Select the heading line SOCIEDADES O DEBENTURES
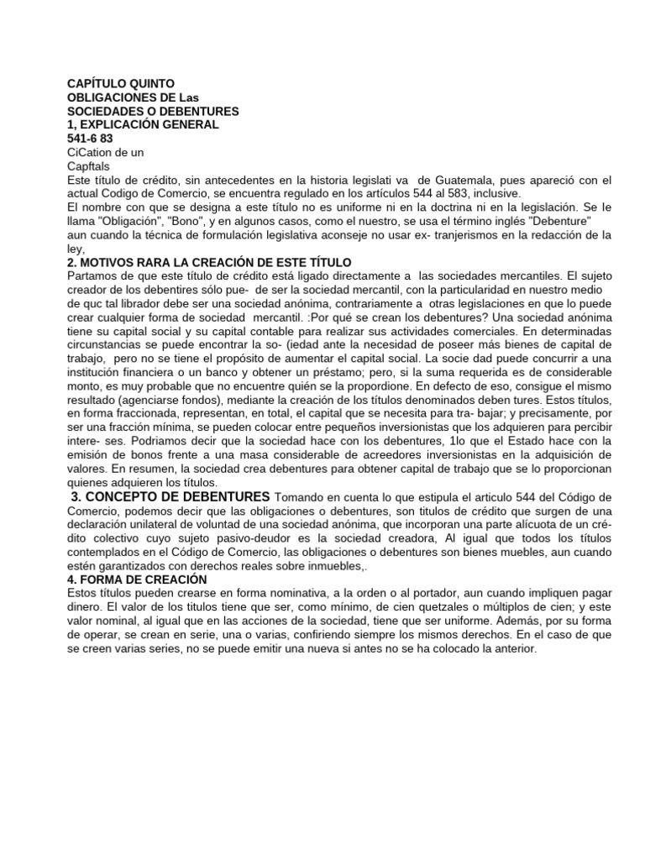(x=152, y=111)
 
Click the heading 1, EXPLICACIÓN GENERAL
(x=143, y=124)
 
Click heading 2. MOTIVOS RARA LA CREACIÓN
(x=208, y=262)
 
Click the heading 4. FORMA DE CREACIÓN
(x=136, y=579)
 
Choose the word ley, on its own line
(x=76, y=248)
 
